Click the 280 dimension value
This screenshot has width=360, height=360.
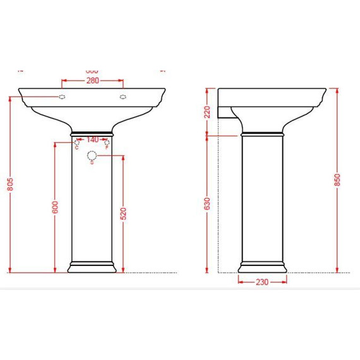click(x=92, y=81)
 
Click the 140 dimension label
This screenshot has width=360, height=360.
click(x=92, y=140)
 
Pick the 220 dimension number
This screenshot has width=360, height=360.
click(x=207, y=112)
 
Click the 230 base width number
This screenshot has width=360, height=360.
click(x=262, y=282)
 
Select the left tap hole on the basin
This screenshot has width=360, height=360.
click(x=63, y=97)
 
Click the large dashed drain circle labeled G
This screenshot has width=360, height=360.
click(x=92, y=155)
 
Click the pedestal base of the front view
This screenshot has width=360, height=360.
click(x=92, y=267)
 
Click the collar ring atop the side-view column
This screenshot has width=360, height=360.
click(x=262, y=134)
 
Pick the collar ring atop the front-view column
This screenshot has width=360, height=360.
click(x=92, y=134)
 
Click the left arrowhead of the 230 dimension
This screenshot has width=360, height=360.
click(x=240, y=282)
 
